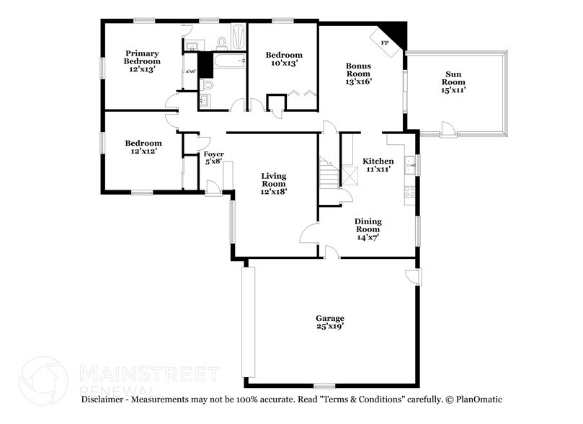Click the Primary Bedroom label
(141, 61)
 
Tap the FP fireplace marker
(385, 43)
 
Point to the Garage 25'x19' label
(330, 322)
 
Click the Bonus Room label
(358, 74)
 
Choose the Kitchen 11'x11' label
(378, 165)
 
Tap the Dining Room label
(368, 229)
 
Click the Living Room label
(274, 184)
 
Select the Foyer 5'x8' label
(214, 158)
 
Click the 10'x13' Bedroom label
(284, 60)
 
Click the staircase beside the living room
(329, 174)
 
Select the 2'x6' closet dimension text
(191, 71)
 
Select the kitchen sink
(409, 166)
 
